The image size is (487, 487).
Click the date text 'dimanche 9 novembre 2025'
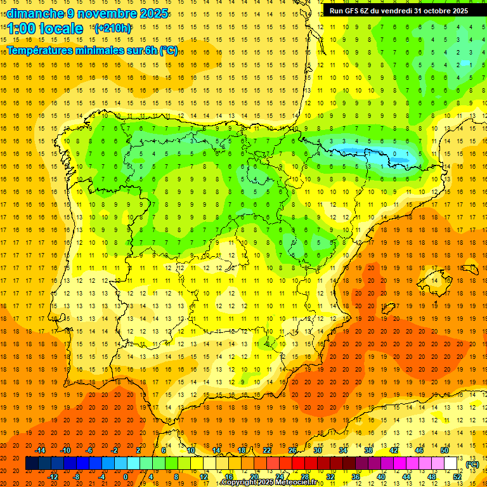pos(87,13)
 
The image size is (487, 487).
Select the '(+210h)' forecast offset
pos(112,28)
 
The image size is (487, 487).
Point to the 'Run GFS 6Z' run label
pos(353,11)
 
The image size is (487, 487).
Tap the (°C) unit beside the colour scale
pos(472,464)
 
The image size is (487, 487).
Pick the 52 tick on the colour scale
pos(457,477)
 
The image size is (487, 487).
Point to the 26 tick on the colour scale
pos(292,450)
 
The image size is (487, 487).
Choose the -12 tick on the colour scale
pos(53,477)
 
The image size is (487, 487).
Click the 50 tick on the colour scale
pos(444,450)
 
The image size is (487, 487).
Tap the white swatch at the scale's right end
pos(451,464)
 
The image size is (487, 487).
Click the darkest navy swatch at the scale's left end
pos(32,464)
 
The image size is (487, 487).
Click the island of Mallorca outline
pos(436,277)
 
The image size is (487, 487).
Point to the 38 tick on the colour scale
pos(368,450)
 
